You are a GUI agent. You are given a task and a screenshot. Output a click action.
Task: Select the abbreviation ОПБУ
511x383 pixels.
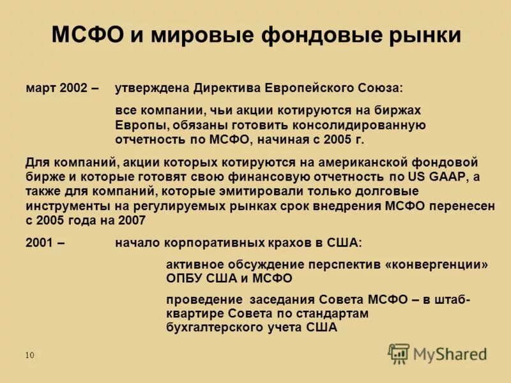pyautogui.click(x=184, y=278)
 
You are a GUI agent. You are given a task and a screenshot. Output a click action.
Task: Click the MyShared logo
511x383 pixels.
pyautogui.click(x=437, y=354)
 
